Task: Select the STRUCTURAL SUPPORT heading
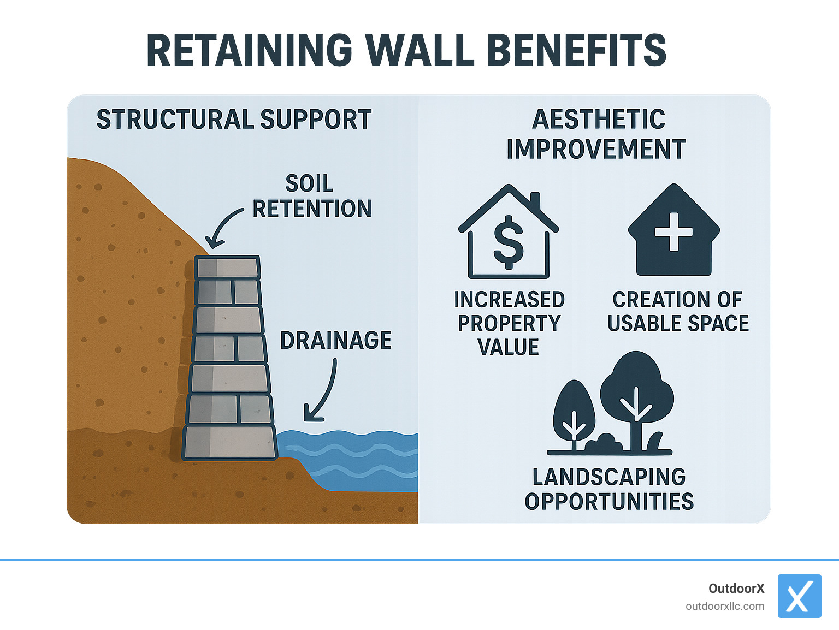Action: tap(234, 120)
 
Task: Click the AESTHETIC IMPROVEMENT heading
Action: tap(596, 134)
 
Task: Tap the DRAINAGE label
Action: tap(335, 341)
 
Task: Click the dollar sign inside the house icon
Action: tap(508, 242)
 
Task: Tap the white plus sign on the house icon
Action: tap(674, 231)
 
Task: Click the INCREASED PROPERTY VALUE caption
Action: tap(509, 323)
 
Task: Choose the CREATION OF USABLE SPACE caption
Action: tap(678, 311)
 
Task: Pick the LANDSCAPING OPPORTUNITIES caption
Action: tap(609, 489)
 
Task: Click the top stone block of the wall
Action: tap(227, 268)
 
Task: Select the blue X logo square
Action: tap(799, 596)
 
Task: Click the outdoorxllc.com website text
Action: tap(725, 606)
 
